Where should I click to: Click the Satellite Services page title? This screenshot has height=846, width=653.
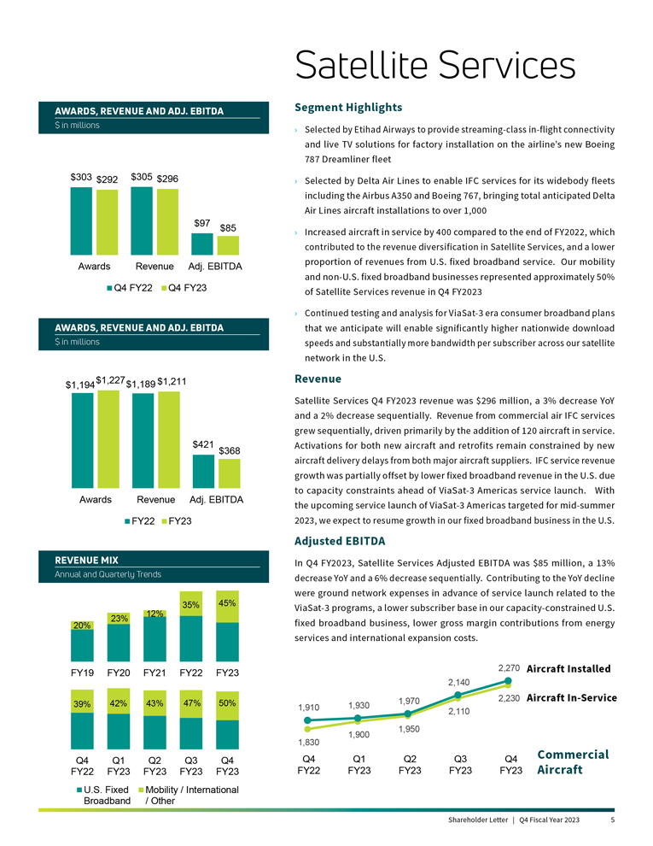click(434, 64)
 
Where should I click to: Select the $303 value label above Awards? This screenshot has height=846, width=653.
click(81, 177)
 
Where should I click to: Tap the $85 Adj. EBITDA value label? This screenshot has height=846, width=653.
click(228, 228)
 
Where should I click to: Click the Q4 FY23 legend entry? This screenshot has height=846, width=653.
click(183, 288)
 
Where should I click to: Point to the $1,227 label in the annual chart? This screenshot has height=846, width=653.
click(110, 380)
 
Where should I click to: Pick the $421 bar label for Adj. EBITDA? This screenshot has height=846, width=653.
click(202, 444)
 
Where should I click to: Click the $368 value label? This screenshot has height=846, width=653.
click(229, 450)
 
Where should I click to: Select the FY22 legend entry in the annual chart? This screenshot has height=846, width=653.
click(137, 520)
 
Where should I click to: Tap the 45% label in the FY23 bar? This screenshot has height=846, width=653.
click(227, 603)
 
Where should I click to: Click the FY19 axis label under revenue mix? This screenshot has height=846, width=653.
click(82, 672)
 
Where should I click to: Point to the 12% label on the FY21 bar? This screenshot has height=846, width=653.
click(155, 614)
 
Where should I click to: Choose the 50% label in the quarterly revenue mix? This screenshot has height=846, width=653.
click(227, 703)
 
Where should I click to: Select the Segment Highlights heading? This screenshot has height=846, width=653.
click(347, 108)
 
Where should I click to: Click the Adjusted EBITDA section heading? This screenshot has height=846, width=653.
click(340, 541)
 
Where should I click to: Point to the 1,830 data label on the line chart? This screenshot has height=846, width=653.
click(308, 743)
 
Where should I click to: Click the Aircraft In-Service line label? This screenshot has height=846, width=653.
click(572, 698)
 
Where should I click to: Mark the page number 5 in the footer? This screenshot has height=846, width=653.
click(613, 820)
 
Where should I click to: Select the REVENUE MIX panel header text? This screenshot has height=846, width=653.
click(86, 560)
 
